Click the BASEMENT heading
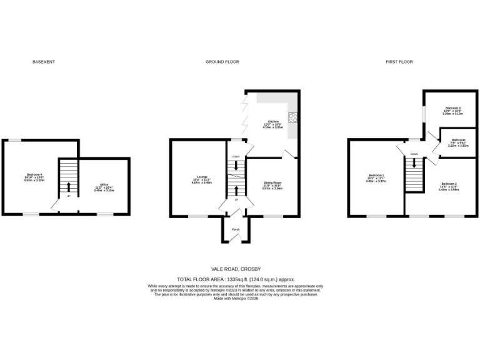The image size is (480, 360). pos(44,62)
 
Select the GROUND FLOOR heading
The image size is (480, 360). pos(222,62)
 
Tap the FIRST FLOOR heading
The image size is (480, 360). pos(399,62)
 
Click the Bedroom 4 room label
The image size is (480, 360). pos(34,176)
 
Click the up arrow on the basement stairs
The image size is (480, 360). pos(68,186)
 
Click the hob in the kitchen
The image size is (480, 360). pos(292,117)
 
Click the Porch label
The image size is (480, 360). pos(236,229)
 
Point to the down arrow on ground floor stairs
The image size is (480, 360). pos(236,166)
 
